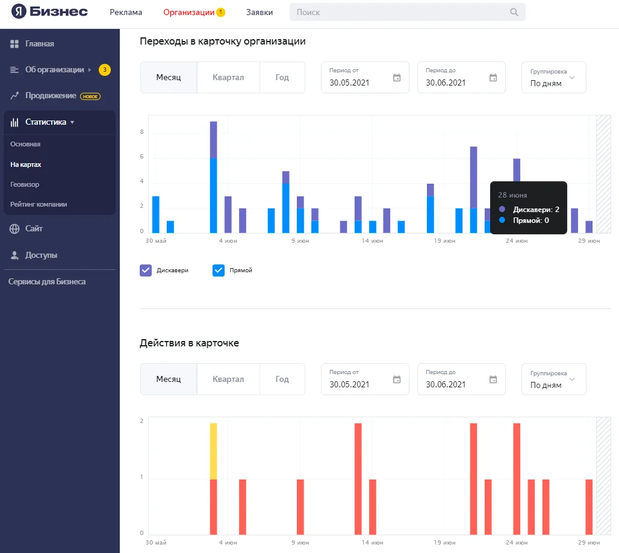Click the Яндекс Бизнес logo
coord(49,11)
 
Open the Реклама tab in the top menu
coord(126,12)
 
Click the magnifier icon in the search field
coord(514,12)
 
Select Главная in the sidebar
coord(40,44)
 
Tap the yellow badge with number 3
coord(105,70)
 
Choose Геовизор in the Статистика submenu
coord(25,184)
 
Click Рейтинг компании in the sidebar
coord(39,204)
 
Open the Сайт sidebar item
coord(34,229)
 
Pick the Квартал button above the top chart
coord(228,78)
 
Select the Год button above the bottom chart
coord(282,379)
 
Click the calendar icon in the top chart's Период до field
coord(493,78)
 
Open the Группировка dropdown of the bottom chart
coord(553,379)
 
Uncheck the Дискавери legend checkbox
coord(146,270)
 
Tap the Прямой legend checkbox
coord(219,270)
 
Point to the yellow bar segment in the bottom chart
coord(213,451)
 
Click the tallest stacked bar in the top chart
coord(213,177)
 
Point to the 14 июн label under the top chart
coord(372,240)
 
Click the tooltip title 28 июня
coord(512,195)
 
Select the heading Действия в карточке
coord(189,343)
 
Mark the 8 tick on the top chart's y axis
coord(142,131)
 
